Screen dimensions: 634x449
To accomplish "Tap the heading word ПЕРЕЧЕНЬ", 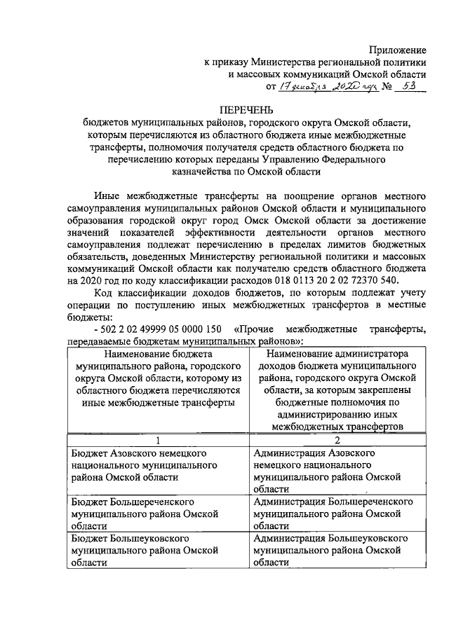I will (245, 111).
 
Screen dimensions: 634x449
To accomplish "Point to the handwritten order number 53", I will (405, 86).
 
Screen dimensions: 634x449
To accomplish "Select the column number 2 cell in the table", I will (337, 440).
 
